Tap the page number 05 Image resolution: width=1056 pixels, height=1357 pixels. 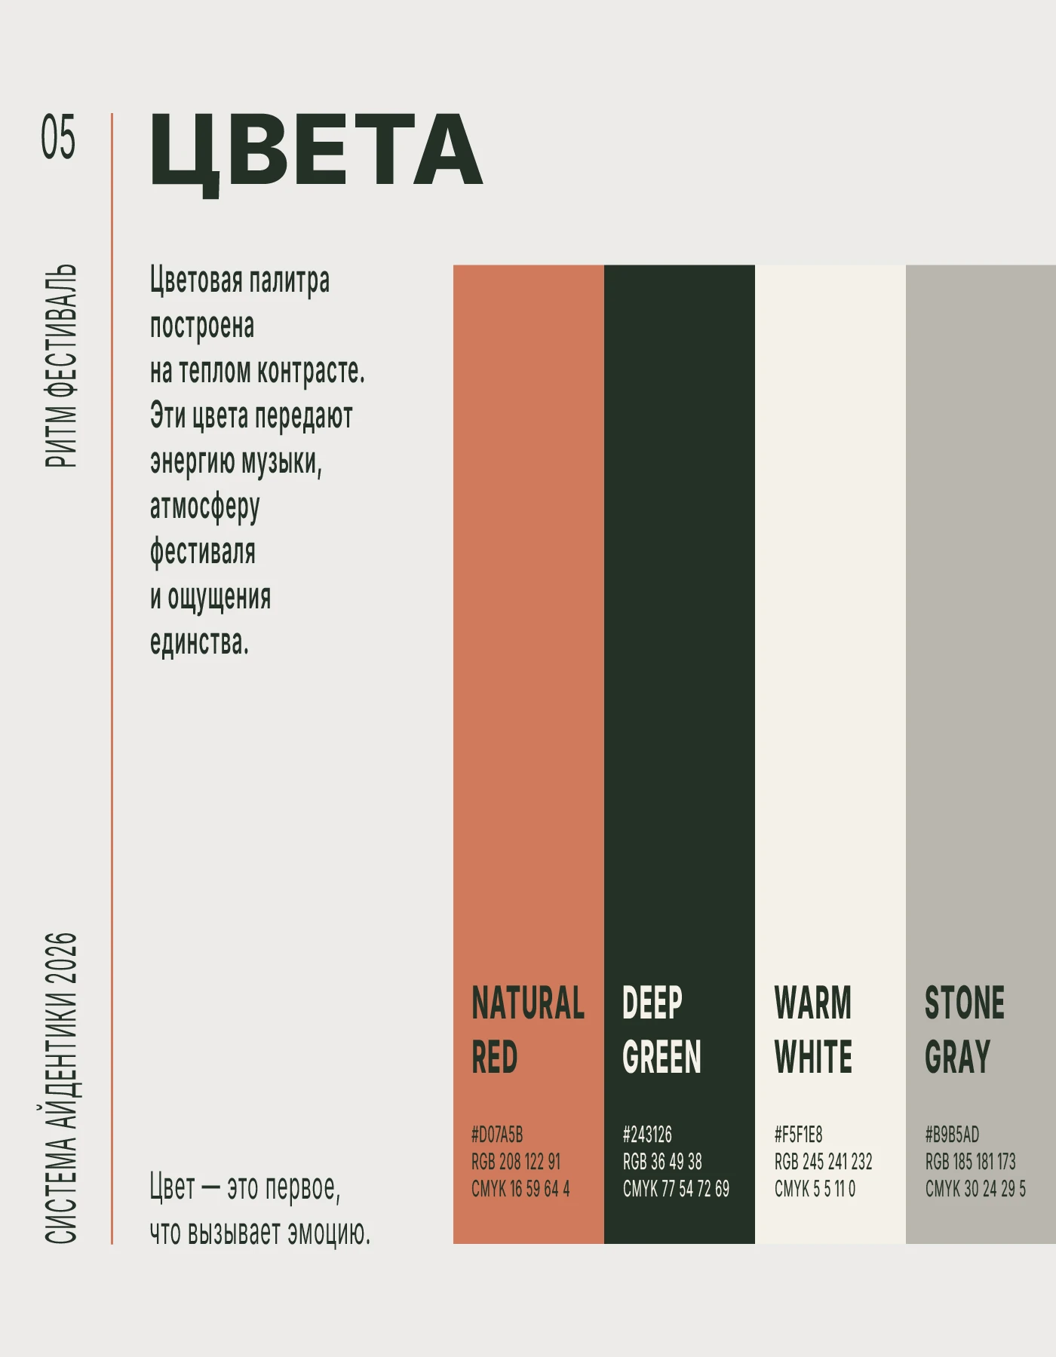point(58,137)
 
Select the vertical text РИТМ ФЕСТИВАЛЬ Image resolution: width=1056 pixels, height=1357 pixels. point(61,366)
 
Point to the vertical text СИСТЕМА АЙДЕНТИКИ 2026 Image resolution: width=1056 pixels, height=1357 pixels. point(61,1088)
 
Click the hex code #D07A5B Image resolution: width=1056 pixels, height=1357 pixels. point(497,1134)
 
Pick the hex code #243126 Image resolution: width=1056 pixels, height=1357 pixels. point(647,1134)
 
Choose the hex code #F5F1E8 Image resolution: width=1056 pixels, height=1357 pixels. point(798,1134)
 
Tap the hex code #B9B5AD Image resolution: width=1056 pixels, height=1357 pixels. point(952,1134)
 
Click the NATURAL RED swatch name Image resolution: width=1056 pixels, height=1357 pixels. point(528,1030)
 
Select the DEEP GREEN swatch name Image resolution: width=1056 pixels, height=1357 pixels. point(662,1030)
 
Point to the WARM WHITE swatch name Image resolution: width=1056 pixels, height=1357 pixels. point(813,1030)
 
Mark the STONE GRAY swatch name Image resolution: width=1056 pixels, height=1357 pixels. point(965,1030)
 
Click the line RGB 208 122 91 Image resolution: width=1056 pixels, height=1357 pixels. point(516,1162)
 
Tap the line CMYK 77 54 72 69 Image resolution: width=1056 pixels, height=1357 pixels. point(676,1189)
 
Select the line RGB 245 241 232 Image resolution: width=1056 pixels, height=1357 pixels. point(823,1162)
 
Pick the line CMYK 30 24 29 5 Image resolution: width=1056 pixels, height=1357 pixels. point(975,1189)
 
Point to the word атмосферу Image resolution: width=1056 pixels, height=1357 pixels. point(204,508)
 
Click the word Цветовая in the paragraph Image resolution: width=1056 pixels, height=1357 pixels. point(196,280)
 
